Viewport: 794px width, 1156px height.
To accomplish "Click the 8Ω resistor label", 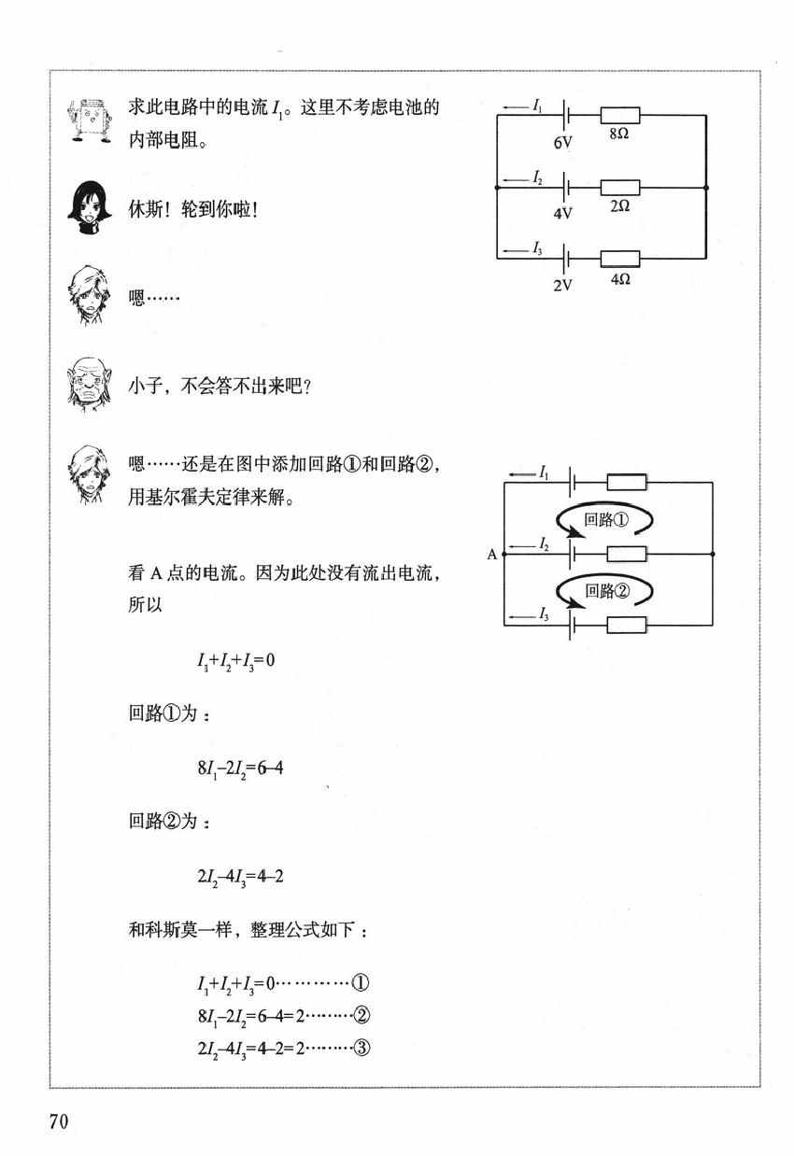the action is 619,134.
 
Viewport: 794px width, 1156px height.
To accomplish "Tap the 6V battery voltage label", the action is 562,143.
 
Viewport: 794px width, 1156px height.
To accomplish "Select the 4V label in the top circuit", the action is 562,213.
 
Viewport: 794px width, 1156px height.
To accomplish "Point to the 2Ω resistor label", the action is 620,206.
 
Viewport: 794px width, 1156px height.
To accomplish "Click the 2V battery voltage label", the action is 562,285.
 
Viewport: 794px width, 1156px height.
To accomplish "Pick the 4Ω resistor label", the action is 620,278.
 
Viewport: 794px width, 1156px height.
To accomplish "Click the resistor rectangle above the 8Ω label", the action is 620,115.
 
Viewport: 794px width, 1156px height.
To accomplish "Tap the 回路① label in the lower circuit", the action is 606,519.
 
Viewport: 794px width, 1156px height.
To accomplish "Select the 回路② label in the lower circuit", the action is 607,590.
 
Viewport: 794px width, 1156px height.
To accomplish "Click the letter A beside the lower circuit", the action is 491,555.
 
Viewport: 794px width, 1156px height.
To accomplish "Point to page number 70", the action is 59,1121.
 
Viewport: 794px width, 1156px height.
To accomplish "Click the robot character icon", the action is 90,120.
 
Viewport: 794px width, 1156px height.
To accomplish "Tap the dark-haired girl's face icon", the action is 90,207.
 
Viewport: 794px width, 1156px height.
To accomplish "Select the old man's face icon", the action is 90,385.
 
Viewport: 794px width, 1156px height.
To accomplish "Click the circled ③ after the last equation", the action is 362,1048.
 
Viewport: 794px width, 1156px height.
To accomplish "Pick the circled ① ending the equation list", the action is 360,982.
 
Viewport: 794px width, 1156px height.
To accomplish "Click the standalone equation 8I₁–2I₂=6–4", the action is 241,768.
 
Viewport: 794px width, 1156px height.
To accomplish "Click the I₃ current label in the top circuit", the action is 537,248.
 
